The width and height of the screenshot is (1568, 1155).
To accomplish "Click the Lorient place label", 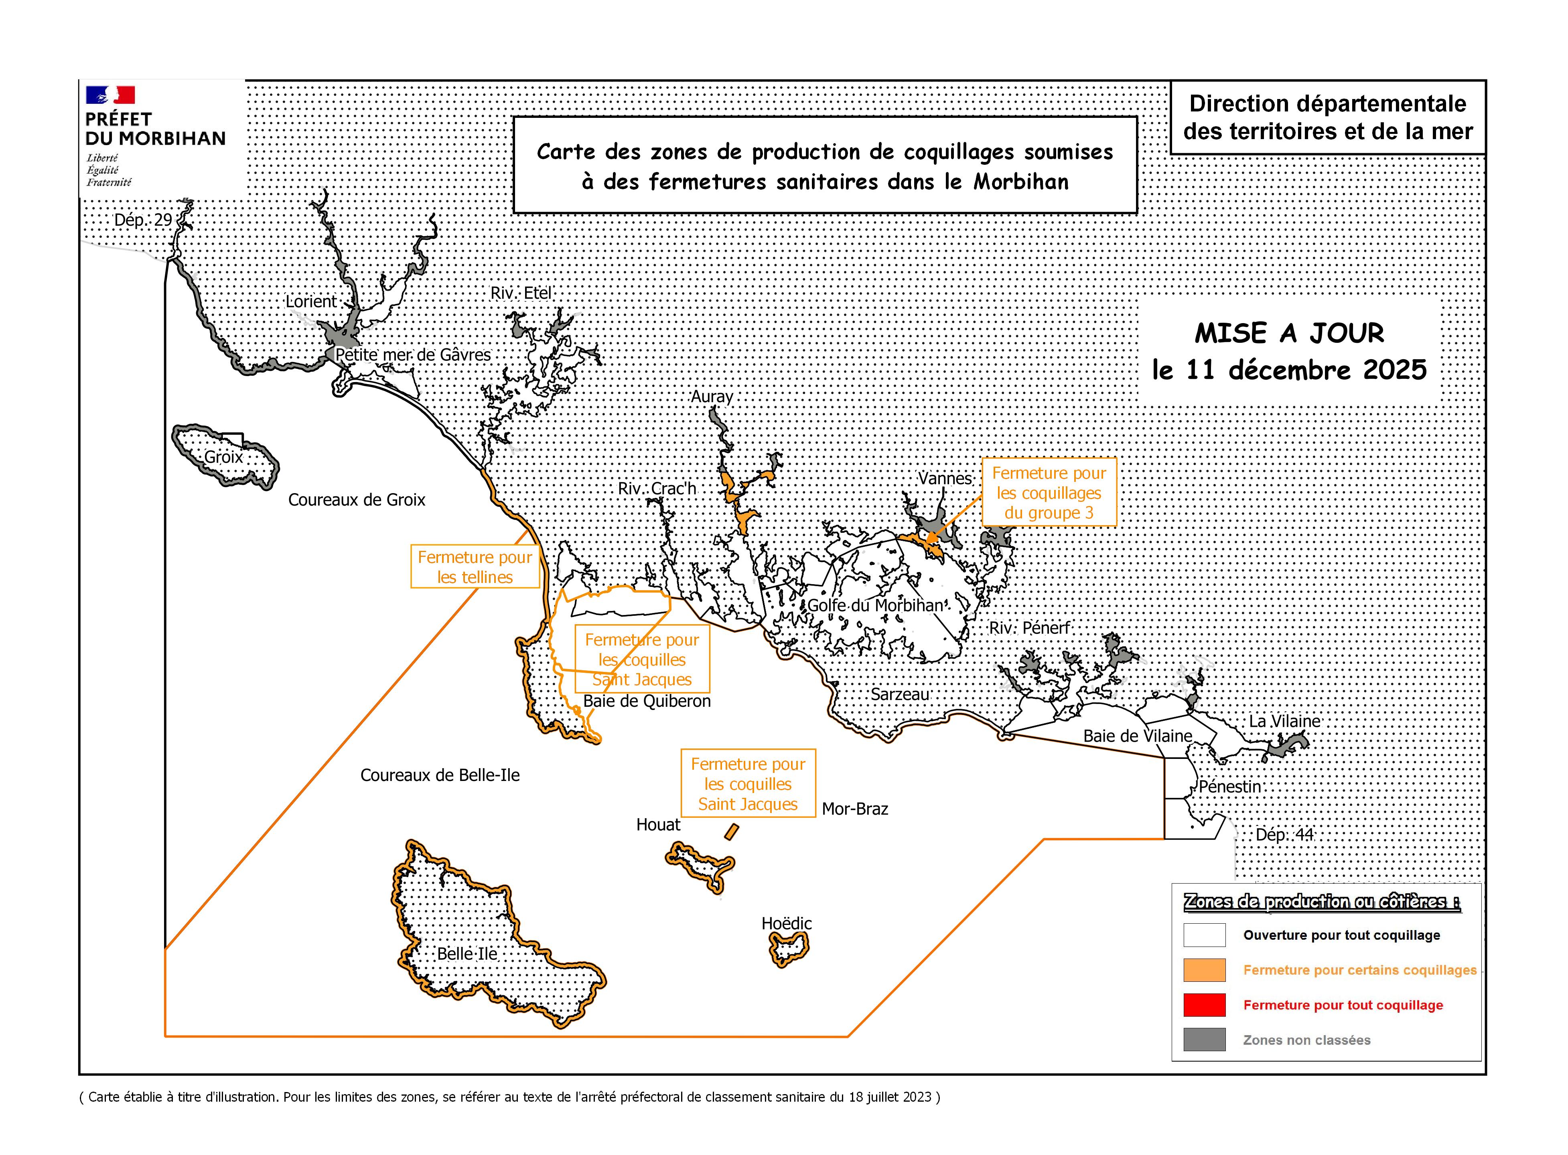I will pos(311,301).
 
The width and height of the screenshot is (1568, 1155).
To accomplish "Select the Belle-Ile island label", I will pos(467,954).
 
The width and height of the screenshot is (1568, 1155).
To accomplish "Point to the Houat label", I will pos(658,825).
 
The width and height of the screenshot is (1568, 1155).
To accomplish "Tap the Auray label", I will pos(712,396).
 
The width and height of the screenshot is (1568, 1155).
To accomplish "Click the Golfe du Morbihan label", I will pos(876,605).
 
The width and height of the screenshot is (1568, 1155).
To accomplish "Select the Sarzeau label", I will pos(900,694).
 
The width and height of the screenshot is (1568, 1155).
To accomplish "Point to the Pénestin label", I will pos(1229,787).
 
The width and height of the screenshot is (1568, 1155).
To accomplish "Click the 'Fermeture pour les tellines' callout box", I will pos(475,567).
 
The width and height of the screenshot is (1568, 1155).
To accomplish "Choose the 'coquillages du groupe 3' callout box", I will pos(1049,493).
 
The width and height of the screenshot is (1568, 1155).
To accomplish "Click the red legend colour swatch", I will pos(1204,1005).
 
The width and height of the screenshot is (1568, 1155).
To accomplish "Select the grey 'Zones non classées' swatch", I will pos(1204,1040).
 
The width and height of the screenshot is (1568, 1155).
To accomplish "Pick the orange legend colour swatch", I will pos(1204,970).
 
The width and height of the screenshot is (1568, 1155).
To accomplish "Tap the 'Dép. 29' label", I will pos(143,220).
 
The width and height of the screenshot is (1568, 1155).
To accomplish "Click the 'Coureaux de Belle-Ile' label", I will pos(440,775).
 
